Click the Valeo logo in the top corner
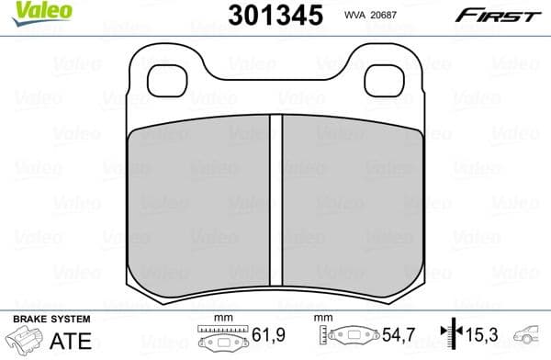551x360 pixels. pyautogui.click(x=27, y=11)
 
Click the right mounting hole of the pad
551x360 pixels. pyautogui.click(x=386, y=80)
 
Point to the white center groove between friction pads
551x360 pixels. pyautogui.click(x=275, y=197)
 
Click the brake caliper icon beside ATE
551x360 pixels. pyautogui.click(x=25, y=341)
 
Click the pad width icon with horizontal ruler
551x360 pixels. pyautogui.click(x=218, y=339)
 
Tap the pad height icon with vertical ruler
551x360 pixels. pyautogui.click(x=345, y=339)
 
